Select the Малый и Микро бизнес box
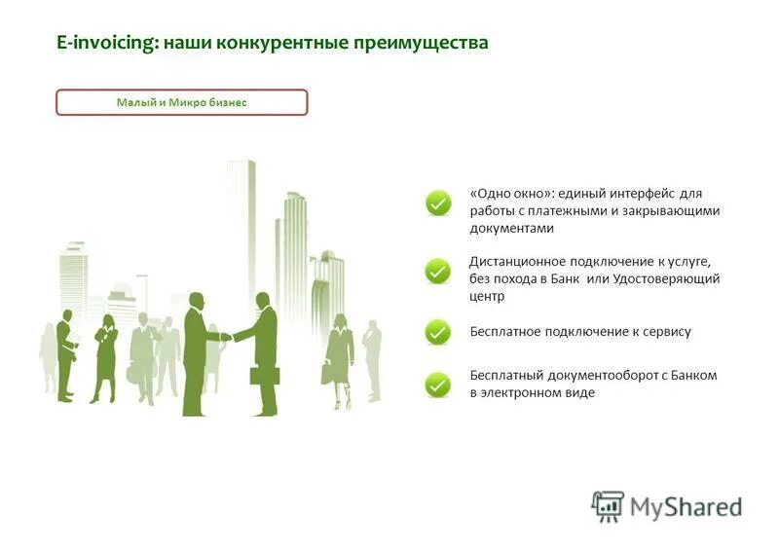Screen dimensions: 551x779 pyautogui.click(x=182, y=102)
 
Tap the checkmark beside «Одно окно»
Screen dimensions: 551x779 pyautogui.click(x=438, y=202)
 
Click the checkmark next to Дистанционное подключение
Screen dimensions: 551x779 pyautogui.click(x=438, y=271)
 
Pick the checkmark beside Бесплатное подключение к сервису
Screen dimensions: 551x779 pyautogui.click(x=438, y=332)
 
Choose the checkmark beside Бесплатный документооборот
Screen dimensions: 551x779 pyautogui.click(x=438, y=385)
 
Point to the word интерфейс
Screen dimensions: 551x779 pyautogui.click(x=639, y=194)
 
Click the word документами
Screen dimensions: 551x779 pyautogui.click(x=511, y=229)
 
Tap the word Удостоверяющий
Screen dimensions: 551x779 pyautogui.click(x=672, y=279)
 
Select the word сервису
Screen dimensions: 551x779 pyautogui.click(x=667, y=332)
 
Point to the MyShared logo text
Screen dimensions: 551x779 pyautogui.click(x=686, y=507)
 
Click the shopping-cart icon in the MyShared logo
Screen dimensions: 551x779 pyautogui.click(x=608, y=506)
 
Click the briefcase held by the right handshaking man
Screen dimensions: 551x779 pyautogui.click(x=265, y=374)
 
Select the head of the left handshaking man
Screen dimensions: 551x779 pyautogui.click(x=196, y=301)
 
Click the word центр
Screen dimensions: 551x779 pyautogui.click(x=487, y=297)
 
